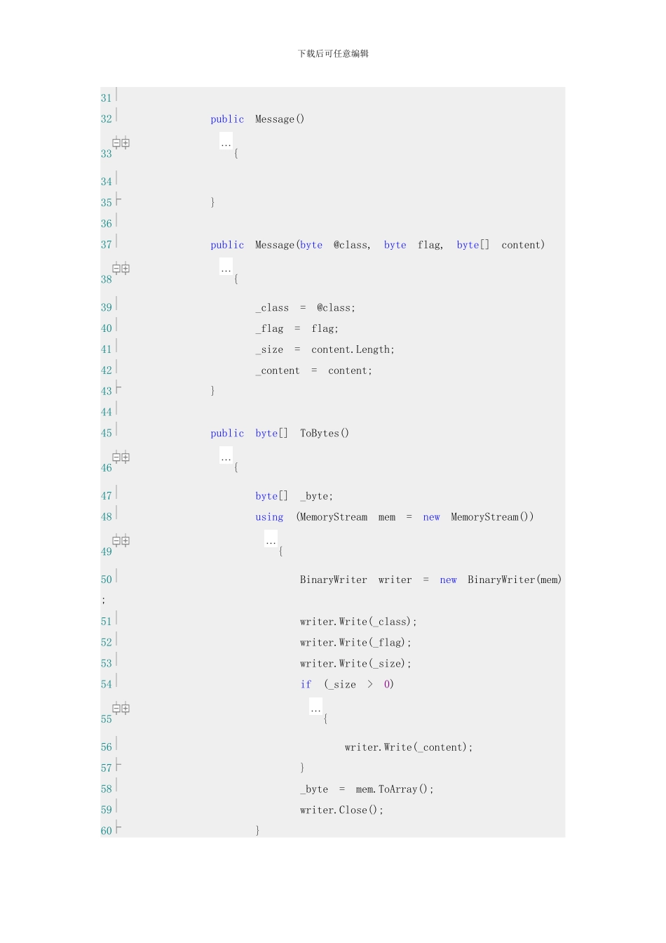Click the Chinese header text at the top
pos(333,53)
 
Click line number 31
pos(106,98)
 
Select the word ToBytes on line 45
pos(319,433)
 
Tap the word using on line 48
pos(269,517)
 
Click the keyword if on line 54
pos(306,685)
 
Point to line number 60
pos(106,831)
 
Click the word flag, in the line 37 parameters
pos(430,245)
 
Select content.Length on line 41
pos(353,349)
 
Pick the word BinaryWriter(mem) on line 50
pos(515,580)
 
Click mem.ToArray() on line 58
pos(394,789)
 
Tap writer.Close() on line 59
pos(341,810)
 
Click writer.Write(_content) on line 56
pos(408,747)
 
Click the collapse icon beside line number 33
pos(116,143)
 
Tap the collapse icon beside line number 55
pos(116,709)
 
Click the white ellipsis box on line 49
pos(271,539)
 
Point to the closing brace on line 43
pos(212,391)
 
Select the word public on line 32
pos(227,119)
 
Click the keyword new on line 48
pos(431,517)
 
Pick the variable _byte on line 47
pos(316,496)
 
